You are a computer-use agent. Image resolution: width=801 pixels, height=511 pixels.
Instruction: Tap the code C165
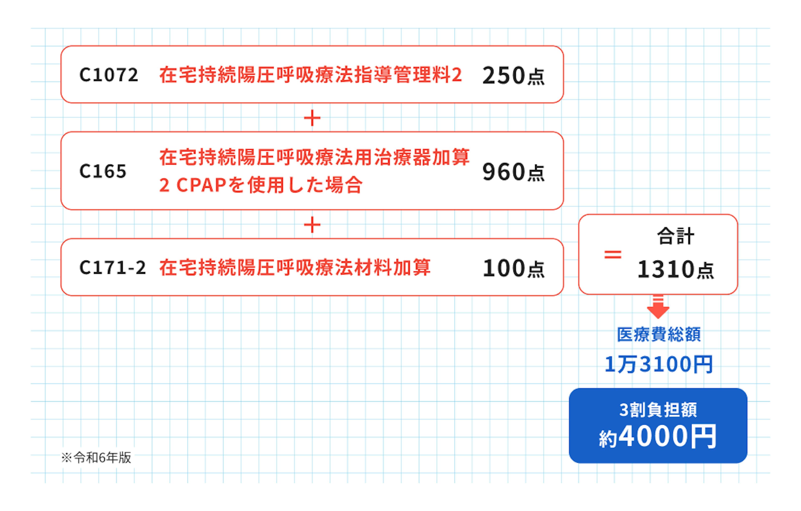[x=103, y=171]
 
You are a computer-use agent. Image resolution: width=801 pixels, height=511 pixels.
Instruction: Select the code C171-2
[x=112, y=268]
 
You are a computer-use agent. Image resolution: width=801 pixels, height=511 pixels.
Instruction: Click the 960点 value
[x=513, y=172]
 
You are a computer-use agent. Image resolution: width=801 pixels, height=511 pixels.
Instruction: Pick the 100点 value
[x=513, y=268]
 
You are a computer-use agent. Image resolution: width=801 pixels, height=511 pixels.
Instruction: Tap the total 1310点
[x=675, y=269]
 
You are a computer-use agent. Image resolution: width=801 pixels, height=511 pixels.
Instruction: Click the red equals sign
[x=613, y=255]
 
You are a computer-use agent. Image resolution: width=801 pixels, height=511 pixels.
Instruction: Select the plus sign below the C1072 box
[x=312, y=118]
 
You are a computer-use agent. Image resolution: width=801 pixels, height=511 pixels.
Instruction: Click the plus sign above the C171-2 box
[x=312, y=225]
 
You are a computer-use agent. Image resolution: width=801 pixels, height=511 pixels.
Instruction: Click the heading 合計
[x=676, y=236]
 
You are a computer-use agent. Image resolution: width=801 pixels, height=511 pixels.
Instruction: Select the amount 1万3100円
[x=659, y=364]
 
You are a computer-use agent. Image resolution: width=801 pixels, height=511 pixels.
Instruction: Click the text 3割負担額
[x=658, y=410]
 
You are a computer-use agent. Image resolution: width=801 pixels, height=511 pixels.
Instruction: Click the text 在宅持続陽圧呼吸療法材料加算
[x=295, y=268]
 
